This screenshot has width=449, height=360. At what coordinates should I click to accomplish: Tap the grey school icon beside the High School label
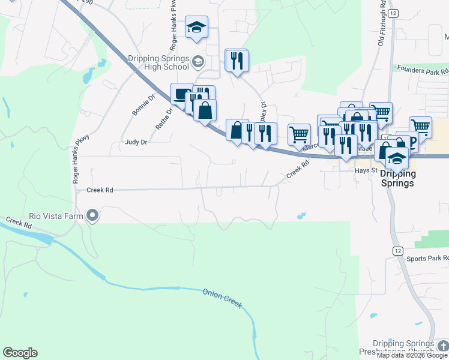pyautogui.click(x=197, y=61)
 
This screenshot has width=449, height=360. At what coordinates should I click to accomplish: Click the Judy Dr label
pyautogui.click(x=136, y=142)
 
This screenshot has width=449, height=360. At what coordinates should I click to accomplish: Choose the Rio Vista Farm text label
pyautogui.click(x=56, y=215)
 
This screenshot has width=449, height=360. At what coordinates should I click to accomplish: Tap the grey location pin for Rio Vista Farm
pyautogui.click(x=92, y=214)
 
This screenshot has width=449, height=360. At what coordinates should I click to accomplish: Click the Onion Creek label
pyautogui.click(x=222, y=298)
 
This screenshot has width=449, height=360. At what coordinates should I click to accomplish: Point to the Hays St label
pyautogui.click(x=364, y=170)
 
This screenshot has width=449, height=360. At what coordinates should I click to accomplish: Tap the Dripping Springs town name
pyautogui.click(x=397, y=178)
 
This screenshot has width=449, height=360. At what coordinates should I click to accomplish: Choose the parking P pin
pyautogui.click(x=412, y=143)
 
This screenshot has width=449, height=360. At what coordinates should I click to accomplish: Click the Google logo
pyautogui.click(x=20, y=353)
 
